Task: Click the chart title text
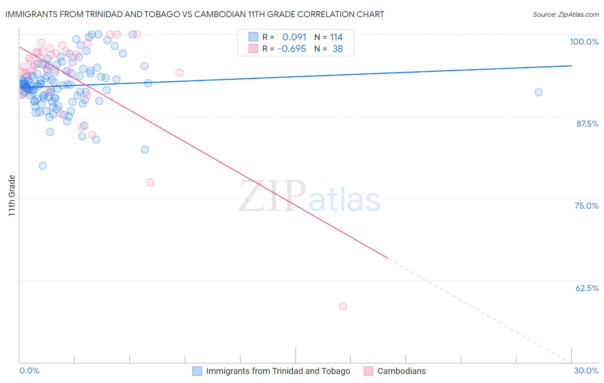coord(195,14)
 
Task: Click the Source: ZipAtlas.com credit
coord(565,14)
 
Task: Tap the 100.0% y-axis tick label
coord(584,42)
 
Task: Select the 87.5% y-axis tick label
coord(587,124)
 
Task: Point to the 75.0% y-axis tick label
coord(586,206)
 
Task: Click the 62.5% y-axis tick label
coord(587,288)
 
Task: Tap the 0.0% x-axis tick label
coord(29,371)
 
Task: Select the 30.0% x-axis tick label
coord(586,371)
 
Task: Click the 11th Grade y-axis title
coord(12,195)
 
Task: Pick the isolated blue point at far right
coord(538,92)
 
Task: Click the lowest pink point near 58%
coord(343,307)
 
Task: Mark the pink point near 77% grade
coord(150,182)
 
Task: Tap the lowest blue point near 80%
coord(43,166)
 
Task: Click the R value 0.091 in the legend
coord(294,37)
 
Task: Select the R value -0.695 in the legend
coord(292,49)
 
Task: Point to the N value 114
coord(336,37)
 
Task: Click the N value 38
coord(338,49)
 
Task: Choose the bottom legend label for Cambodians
coord(401,371)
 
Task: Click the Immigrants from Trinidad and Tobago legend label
coord(278,371)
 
